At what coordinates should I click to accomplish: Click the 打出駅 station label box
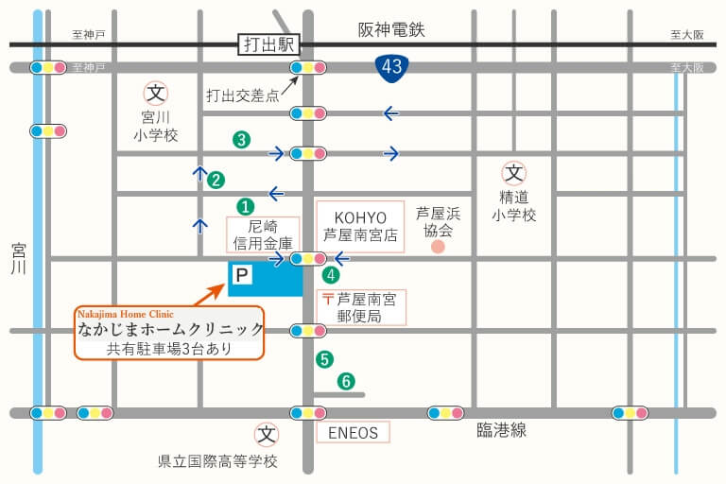269,44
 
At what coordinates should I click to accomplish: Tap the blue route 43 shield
390,66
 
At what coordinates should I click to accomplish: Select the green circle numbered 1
244,205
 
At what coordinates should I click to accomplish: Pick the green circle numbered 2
216,180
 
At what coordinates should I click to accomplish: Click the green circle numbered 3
242,140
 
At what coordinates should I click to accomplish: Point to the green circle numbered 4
331,275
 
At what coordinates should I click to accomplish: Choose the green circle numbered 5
325,359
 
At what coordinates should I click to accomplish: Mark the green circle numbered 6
347,382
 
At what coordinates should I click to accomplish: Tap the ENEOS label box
352,433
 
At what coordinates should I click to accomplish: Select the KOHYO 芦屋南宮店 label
359,226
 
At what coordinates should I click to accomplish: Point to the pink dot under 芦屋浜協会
438,248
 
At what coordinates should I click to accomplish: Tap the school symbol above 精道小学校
513,173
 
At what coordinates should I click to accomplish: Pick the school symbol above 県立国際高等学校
268,435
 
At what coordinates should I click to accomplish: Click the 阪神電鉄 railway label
391,30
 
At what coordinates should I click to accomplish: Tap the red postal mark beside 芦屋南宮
328,299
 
